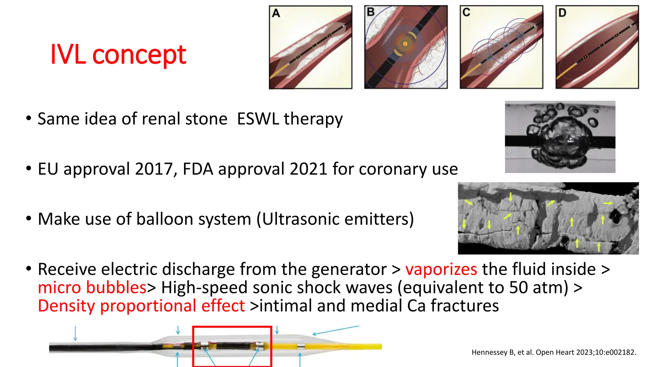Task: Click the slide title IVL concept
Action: (x=118, y=54)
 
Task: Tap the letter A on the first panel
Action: (x=276, y=13)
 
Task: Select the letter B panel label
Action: (x=371, y=12)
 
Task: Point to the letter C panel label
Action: (x=466, y=12)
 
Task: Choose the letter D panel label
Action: (x=562, y=13)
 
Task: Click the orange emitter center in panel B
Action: (x=405, y=44)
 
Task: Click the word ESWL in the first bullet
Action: (x=258, y=119)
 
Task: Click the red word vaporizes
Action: (x=441, y=269)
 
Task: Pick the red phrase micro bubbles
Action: (x=92, y=287)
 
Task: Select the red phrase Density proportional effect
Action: (x=141, y=306)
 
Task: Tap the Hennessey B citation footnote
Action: (x=554, y=352)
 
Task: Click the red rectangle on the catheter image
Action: (x=232, y=327)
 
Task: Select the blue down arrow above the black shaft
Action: (x=75, y=333)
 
